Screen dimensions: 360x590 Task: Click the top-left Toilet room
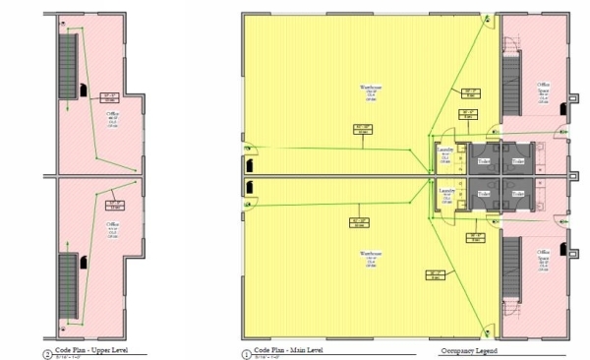[x=484, y=159]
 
